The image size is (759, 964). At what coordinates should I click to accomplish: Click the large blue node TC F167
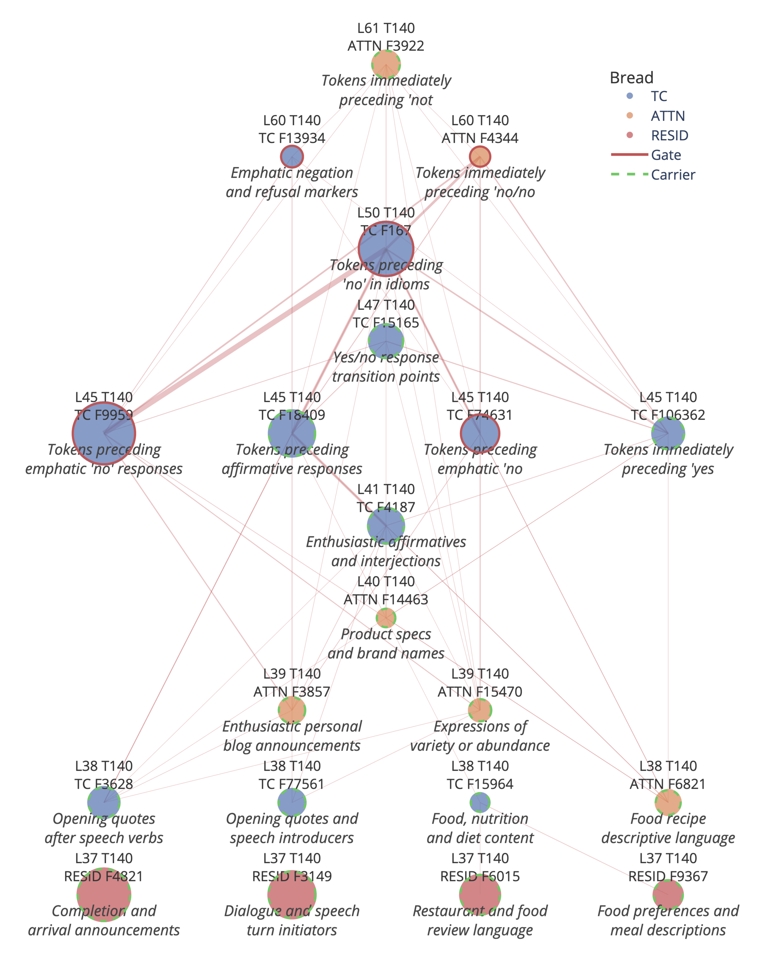386,249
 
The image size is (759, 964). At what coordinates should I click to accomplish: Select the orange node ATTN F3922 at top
386,64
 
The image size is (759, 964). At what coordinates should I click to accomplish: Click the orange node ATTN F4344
480,157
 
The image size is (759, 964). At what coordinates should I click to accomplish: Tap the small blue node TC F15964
480,802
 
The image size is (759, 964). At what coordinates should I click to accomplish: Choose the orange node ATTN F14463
386,618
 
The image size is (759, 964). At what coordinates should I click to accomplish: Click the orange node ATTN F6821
668,802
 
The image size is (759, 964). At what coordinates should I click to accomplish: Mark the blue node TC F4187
386,526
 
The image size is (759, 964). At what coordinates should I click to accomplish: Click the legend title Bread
631,78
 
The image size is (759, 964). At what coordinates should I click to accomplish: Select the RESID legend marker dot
630,135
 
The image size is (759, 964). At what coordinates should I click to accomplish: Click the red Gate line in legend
630,154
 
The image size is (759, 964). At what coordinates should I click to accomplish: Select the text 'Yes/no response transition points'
386,367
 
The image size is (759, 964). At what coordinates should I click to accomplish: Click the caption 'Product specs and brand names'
386,644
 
